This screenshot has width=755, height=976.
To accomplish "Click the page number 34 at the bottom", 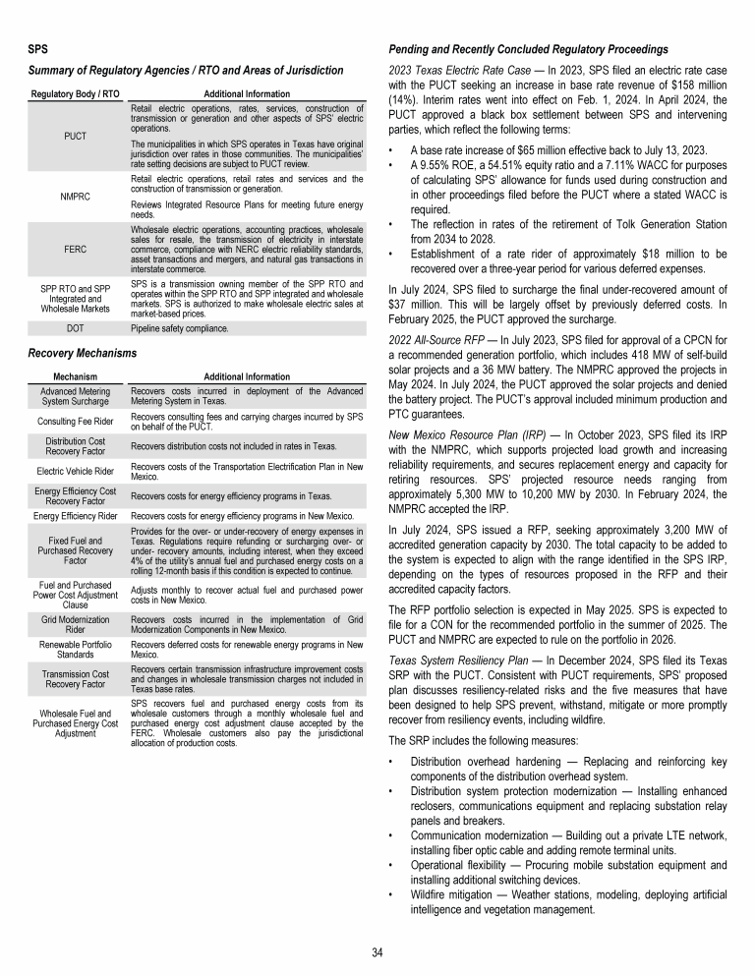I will click(x=377, y=951).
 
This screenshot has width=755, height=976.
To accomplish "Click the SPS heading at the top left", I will click(x=37, y=48).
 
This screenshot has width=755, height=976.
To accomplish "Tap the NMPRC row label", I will click(x=75, y=195).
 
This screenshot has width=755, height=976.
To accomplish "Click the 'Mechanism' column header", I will click(x=75, y=376).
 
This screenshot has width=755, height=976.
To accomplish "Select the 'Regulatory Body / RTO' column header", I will click(x=75, y=92).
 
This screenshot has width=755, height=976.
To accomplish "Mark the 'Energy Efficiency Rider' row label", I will click(x=75, y=515).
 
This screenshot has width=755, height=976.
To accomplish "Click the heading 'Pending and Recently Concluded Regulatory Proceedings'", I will click(x=529, y=49).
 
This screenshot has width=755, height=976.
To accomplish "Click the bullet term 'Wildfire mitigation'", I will click(x=456, y=892).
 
